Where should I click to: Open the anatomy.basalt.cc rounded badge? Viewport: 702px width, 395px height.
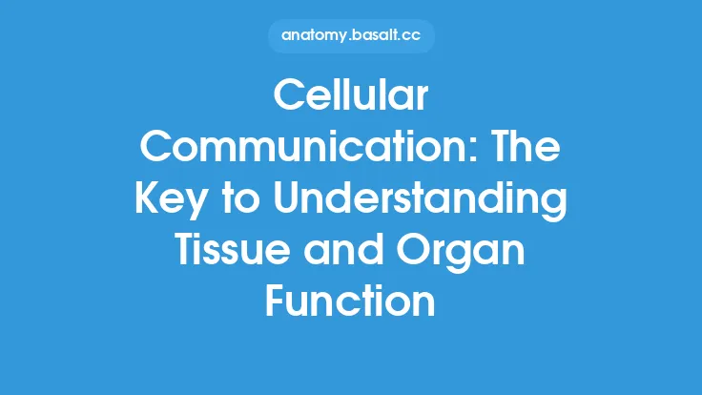(x=351, y=36)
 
